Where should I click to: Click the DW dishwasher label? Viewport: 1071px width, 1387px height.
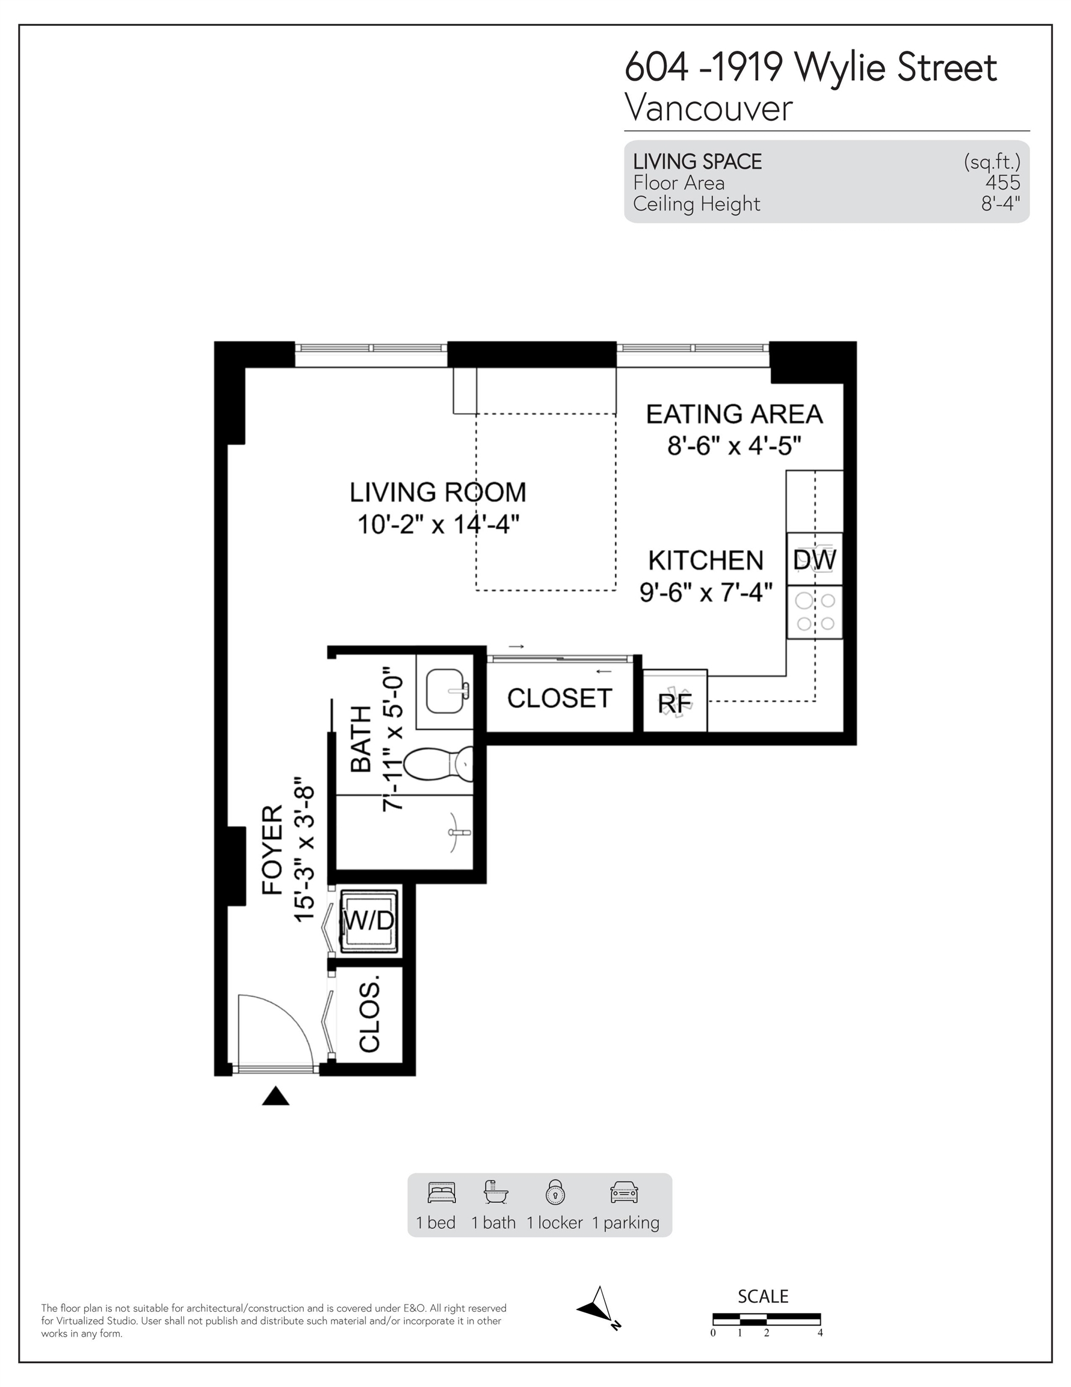[815, 559]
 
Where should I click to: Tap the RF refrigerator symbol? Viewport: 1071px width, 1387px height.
[675, 701]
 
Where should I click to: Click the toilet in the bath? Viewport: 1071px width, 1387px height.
[438, 764]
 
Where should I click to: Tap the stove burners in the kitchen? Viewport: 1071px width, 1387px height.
[815, 612]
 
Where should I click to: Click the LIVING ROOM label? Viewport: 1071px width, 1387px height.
[438, 492]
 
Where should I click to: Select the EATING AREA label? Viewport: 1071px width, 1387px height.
[735, 414]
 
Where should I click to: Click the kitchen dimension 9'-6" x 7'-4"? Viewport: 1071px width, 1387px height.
[706, 592]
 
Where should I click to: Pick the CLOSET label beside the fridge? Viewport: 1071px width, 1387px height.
[560, 698]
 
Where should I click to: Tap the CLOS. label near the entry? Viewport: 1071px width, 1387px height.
[369, 1014]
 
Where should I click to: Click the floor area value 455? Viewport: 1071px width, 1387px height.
[1002, 183]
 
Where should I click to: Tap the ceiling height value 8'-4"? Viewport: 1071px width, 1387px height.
[1001, 204]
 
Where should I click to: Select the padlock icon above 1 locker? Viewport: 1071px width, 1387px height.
[555, 1192]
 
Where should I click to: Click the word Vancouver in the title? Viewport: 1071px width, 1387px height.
[709, 108]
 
